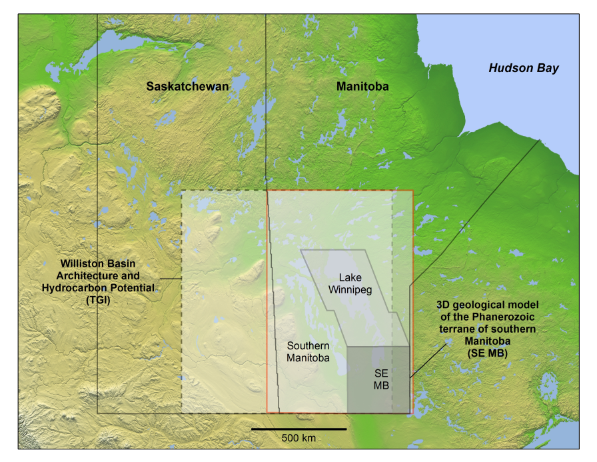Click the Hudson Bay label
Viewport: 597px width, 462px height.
pos(523,68)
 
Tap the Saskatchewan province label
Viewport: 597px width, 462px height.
pos(187,87)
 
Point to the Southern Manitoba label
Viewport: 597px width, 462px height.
pos(308,351)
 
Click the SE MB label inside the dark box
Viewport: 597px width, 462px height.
pos(380,381)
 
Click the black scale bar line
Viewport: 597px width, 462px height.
pos(298,429)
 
